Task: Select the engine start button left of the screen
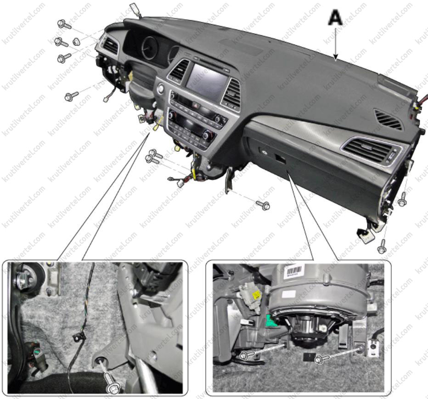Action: [x=161, y=89]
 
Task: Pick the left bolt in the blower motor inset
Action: [x=247, y=355]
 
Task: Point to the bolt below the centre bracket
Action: [x=263, y=204]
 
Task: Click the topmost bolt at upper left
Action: [x=64, y=24]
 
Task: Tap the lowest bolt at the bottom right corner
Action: [x=382, y=247]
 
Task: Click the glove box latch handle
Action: [x=280, y=159]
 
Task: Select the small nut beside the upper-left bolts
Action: [x=76, y=42]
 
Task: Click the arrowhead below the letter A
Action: [x=336, y=57]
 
